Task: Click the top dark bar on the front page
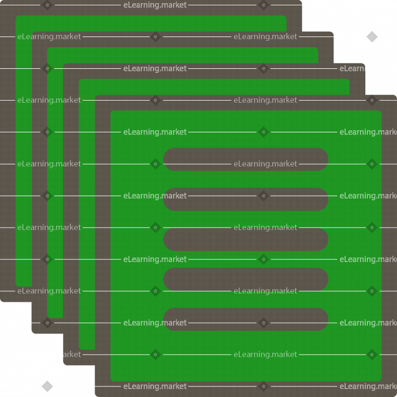[246, 159]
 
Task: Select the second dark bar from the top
[246, 199]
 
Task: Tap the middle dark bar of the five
[246, 239]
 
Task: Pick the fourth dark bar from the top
[246, 279]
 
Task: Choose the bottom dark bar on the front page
[246, 319]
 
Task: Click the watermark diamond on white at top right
[372, 37]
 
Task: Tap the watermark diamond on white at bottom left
[47, 386]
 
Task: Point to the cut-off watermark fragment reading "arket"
[72, 355]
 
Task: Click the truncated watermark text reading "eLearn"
[352, 69]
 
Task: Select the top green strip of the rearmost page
[151, 23]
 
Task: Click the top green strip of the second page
[183, 55]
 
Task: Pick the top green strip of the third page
[214, 87]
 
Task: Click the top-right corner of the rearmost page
[301, 1]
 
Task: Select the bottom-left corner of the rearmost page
[1, 301]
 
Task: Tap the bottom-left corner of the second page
[32, 333]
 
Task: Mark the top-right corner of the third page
[364, 64]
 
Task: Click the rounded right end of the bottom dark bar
[328, 319]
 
